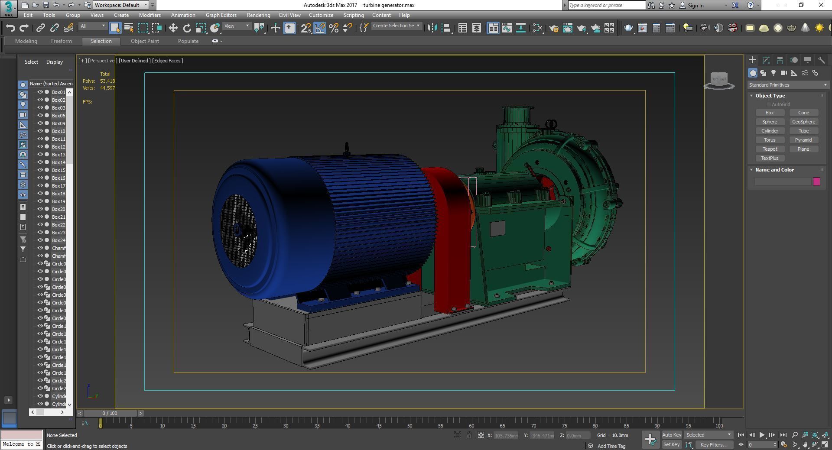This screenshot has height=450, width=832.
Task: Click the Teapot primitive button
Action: point(770,149)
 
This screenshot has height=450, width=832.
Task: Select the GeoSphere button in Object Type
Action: point(803,122)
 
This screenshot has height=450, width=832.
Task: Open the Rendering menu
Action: point(258,15)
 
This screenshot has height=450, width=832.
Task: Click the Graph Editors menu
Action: point(221,15)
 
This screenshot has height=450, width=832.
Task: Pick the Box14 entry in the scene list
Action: point(58,162)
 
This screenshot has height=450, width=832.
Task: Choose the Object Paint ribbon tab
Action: point(145,41)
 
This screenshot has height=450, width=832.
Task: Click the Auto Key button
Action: point(672,435)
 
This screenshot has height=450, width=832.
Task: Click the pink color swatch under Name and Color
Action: point(816,181)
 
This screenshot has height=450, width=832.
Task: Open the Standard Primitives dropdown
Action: point(787,85)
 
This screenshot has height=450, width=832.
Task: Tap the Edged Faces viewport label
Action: point(167,61)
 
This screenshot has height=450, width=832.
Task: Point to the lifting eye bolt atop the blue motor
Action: point(346,149)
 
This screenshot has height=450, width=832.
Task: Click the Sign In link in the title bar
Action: point(695,5)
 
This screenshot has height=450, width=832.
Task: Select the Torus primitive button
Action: point(770,140)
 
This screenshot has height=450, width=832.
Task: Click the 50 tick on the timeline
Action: point(409,425)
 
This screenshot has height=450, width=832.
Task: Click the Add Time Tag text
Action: point(611,446)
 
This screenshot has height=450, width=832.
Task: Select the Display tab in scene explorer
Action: point(55,62)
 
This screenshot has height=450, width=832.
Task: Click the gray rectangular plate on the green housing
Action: point(497,228)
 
